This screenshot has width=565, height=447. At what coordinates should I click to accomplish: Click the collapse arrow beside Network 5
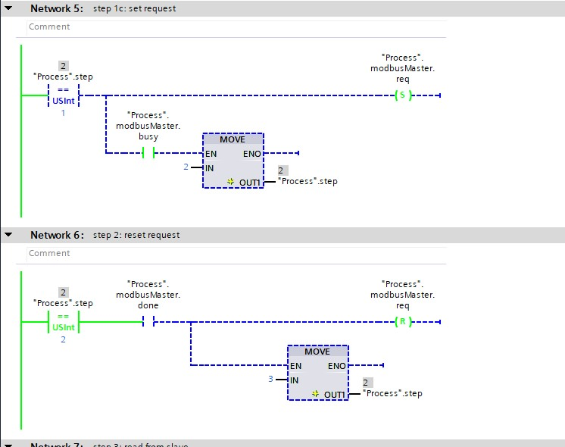pyautogui.click(x=8, y=8)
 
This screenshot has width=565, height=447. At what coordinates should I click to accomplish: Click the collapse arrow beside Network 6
pyautogui.click(x=8, y=235)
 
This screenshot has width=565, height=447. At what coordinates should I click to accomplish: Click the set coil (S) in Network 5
pyautogui.click(x=402, y=95)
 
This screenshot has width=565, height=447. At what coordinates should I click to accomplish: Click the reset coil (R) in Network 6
pyautogui.click(x=402, y=322)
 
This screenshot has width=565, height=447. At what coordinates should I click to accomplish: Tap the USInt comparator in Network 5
pyautogui.click(x=64, y=95)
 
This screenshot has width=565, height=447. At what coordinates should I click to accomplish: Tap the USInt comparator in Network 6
pyautogui.click(x=64, y=322)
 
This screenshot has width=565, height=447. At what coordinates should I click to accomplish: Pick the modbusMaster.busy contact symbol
pyautogui.click(x=148, y=153)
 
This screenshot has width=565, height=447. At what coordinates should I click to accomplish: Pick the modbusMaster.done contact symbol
pyautogui.click(x=148, y=322)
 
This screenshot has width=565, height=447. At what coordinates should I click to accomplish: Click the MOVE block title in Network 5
pyautogui.click(x=233, y=140)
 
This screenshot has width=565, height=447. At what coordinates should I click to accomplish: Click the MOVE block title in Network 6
pyautogui.click(x=317, y=352)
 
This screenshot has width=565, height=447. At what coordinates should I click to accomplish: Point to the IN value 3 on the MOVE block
pyautogui.click(x=270, y=379)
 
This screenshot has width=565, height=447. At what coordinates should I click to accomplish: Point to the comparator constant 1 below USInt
pyautogui.click(x=63, y=113)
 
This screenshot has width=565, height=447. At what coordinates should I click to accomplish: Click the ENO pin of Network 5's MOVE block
pyautogui.click(x=251, y=154)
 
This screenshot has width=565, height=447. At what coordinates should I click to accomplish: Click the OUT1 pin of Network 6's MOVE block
pyautogui.click(x=334, y=394)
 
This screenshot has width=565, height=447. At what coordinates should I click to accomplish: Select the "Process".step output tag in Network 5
pyautogui.click(x=307, y=182)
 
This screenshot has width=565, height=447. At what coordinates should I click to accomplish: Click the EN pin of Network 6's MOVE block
pyautogui.click(x=296, y=366)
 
